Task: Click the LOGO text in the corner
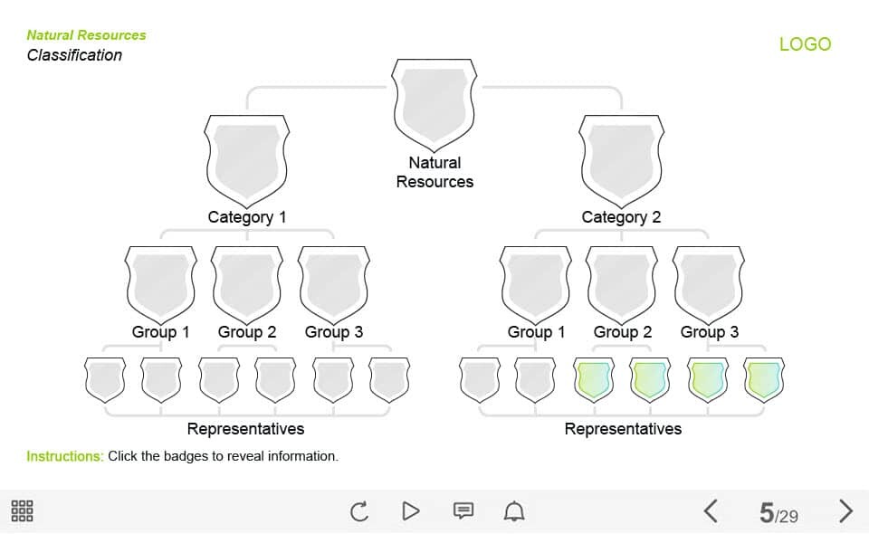click(806, 44)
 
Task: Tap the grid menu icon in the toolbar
click(22, 510)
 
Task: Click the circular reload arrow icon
click(359, 511)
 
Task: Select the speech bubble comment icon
click(463, 510)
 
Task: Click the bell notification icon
click(514, 510)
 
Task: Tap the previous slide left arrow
click(711, 510)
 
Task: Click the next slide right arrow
click(845, 510)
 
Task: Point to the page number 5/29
click(778, 513)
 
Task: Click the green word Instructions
click(65, 456)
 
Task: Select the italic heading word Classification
click(74, 55)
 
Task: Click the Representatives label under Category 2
click(623, 429)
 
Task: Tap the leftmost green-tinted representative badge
click(594, 380)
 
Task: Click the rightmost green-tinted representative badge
click(764, 380)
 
